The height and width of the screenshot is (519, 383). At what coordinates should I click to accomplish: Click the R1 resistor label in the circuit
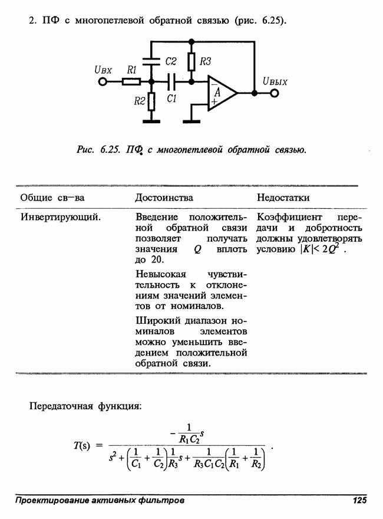pos(132,69)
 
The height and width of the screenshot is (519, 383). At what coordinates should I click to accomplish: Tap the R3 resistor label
pos(205,61)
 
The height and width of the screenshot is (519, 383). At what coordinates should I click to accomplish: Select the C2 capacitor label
pos(171,61)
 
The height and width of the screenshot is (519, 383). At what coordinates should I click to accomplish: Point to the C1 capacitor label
pos(171,100)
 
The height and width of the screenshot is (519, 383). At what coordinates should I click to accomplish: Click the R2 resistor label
pos(139,101)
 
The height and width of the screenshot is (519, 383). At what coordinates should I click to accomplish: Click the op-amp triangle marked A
pos(219,93)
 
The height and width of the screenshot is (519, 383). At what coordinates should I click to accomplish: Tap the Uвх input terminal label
pos(103,69)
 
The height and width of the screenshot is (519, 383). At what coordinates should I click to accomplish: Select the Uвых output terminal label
pos(275,81)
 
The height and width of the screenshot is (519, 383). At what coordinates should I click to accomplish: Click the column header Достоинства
pos(164,198)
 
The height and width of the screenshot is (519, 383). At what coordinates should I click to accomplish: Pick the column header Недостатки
pos(283,198)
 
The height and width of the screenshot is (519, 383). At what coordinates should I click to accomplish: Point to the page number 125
pos(359,501)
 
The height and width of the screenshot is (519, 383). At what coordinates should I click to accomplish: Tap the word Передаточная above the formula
pos(61,406)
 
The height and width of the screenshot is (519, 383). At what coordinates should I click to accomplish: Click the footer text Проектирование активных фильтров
pos(100,501)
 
